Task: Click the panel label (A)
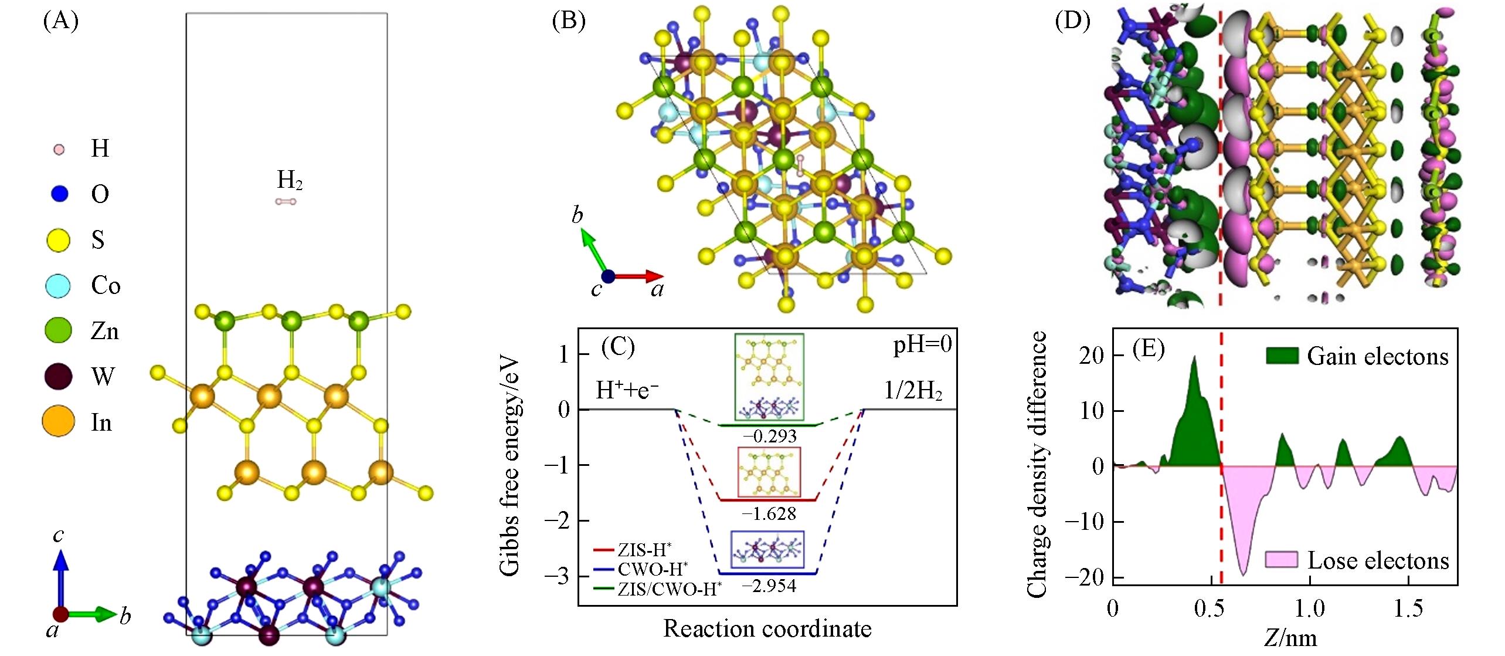point(60,22)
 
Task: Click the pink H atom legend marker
point(59,150)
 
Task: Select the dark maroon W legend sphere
point(59,377)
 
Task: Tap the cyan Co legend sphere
point(59,286)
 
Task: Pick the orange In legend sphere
point(59,422)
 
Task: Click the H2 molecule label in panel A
point(290,181)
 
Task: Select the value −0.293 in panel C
point(770,436)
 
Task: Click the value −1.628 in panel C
point(770,513)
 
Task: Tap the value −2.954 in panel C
point(770,586)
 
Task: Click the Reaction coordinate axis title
point(767,629)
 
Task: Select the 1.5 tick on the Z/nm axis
point(1408,608)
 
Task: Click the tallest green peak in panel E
point(1194,359)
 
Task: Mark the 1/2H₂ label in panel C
point(913,390)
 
